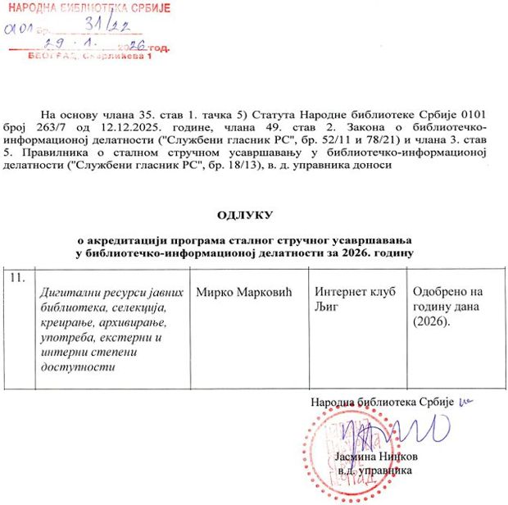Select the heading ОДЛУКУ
point(243,215)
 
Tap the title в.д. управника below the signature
point(374,471)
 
